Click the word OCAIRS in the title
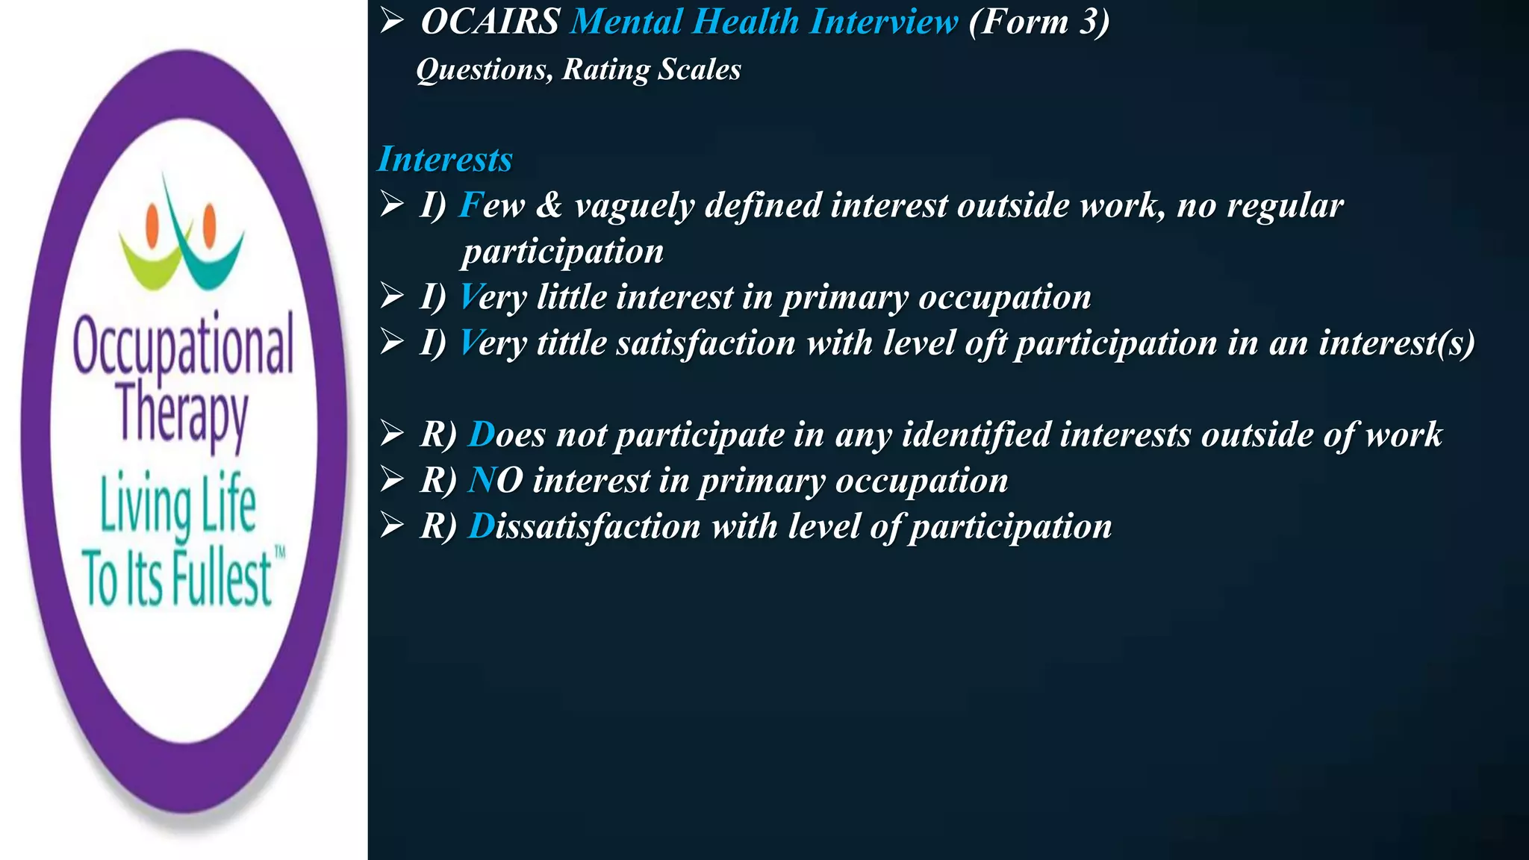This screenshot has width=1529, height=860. [491, 22]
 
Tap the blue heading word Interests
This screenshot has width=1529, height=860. [445, 159]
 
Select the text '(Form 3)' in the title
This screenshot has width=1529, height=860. [1038, 22]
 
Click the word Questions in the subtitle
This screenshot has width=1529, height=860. [485, 70]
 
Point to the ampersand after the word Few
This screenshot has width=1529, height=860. [549, 205]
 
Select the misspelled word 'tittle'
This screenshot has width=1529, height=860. [572, 343]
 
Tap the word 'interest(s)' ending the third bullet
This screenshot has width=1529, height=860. [1396, 343]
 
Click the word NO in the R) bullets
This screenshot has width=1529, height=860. [495, 481]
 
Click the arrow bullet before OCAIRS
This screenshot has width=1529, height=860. [391, 22]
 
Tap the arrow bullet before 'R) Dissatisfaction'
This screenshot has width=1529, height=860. [391, 526]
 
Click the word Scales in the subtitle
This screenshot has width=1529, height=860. [699, 70]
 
